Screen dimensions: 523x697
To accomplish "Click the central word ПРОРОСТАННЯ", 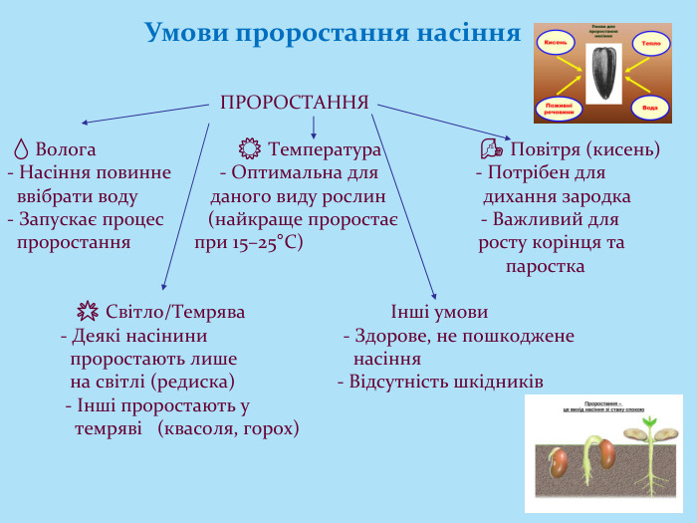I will point(295,103).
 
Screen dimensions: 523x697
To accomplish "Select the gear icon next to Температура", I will point(250,149).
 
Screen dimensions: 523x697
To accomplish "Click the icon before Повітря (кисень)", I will point(491,149).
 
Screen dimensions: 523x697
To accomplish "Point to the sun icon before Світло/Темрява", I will point(88,312).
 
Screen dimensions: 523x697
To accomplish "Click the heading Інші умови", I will point(439,312).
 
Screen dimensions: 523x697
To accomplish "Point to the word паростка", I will point(545,267).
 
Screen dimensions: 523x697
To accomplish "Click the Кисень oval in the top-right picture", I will point(555,43).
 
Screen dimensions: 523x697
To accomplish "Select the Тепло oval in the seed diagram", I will point(650,44).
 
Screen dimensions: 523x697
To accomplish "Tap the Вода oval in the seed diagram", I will point(649,106).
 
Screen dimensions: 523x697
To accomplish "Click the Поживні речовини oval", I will point(557,108).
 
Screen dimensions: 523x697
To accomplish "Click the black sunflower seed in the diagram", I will point(602,74).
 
